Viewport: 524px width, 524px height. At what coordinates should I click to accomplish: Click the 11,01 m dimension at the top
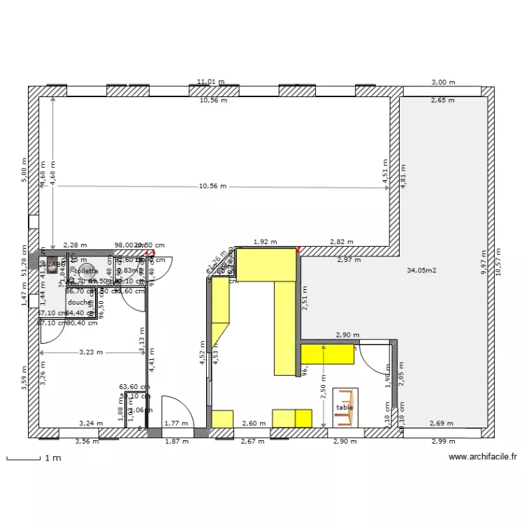coord(210,82)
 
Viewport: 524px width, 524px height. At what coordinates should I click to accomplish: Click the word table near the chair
coord(344,407)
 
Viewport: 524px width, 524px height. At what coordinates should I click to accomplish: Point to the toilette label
coord(86,270)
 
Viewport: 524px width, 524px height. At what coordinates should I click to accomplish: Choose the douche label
coord(79,303)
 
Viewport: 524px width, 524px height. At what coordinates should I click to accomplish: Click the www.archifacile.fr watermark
coord(483,457)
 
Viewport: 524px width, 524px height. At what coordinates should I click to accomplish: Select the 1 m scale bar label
coord(53,458)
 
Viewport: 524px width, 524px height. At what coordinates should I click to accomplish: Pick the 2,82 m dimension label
coord(342,242)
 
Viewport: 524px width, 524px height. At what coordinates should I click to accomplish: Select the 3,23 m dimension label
coord(90,353)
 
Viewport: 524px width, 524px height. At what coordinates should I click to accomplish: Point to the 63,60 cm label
coord(134,386)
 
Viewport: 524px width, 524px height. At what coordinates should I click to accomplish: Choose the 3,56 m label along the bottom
coord(87,441)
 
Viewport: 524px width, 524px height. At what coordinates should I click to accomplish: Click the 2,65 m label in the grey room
coord(442,101)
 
